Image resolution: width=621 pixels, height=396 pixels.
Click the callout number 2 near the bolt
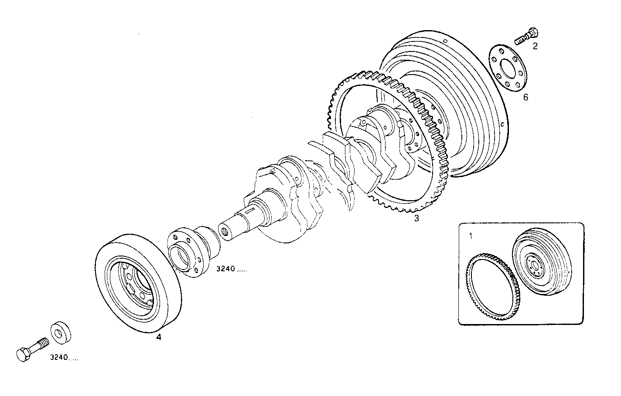535,46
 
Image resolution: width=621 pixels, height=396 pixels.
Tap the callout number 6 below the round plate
525,97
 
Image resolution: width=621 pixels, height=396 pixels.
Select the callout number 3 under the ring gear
416,218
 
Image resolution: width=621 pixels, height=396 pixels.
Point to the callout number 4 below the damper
159,337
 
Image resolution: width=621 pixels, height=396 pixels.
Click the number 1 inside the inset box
471,236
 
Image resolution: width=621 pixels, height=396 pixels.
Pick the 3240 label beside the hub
231,270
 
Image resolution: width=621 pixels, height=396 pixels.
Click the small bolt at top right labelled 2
526,36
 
